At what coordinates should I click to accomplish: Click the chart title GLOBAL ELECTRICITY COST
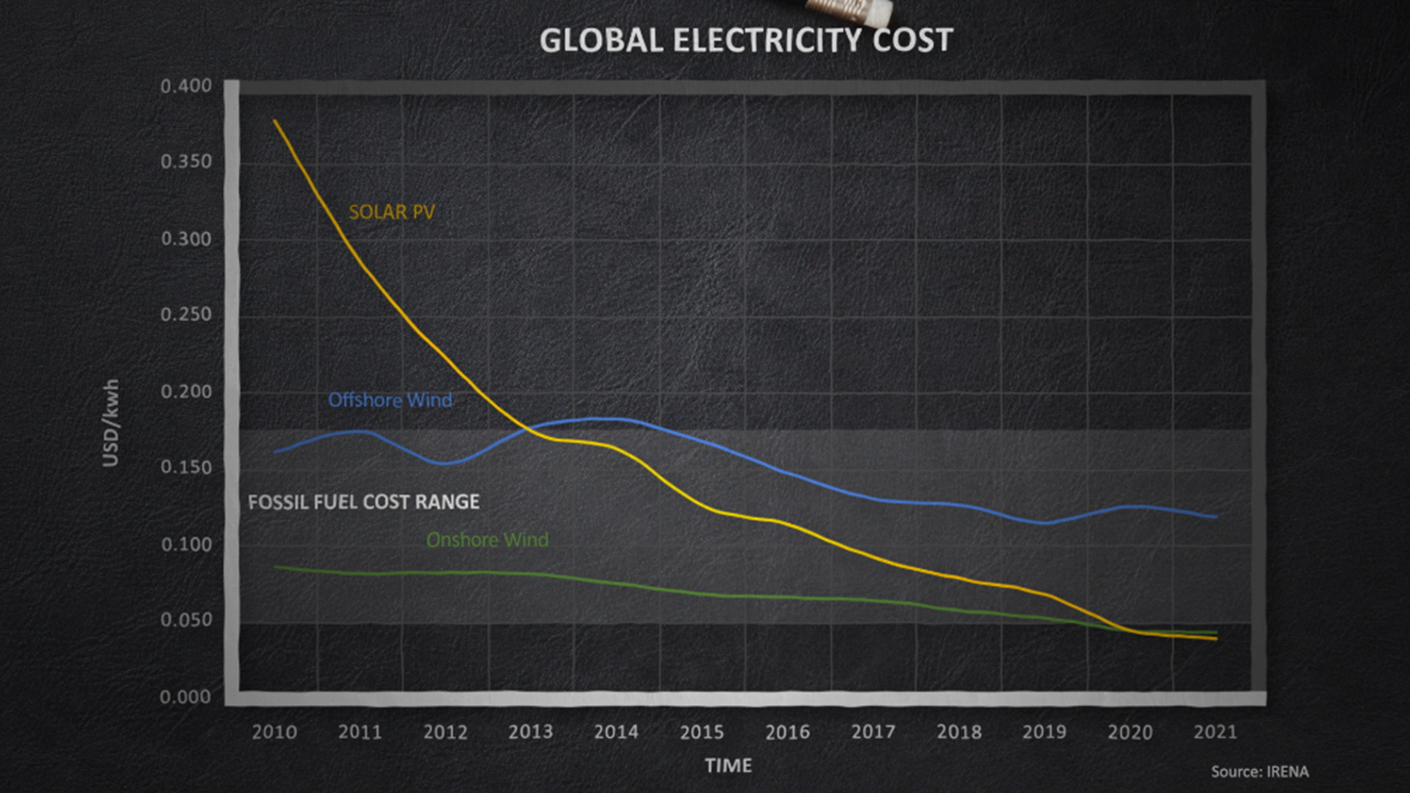tap(746, 40)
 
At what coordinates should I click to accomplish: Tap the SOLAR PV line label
tap(392, 212)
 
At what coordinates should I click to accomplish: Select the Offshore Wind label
tap(390, 400)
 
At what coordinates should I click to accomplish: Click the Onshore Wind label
tap(487, 540)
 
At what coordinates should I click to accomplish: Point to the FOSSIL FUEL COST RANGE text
tap(364, 502)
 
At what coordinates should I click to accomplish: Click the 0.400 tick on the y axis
tap(186, 86)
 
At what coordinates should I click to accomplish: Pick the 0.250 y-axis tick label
tap(186, 314)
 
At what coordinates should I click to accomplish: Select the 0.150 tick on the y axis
tap(186, 467)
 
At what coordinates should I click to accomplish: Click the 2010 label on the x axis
tap(274, 731)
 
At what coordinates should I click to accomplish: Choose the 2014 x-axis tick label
tap(616, 731)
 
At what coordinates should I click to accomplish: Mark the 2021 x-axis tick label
tap(1215, 731)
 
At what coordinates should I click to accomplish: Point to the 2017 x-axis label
tap(873, 731)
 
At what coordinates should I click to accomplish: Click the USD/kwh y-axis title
tap(111, 423)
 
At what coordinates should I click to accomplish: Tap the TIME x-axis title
tap(728, 766)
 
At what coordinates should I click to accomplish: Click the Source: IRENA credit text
tap(1260, 771)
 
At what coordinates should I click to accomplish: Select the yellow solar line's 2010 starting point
tap(275, 121)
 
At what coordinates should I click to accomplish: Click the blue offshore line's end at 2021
tap(1216, 517)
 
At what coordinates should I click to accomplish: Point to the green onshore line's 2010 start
tap(275, 567)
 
